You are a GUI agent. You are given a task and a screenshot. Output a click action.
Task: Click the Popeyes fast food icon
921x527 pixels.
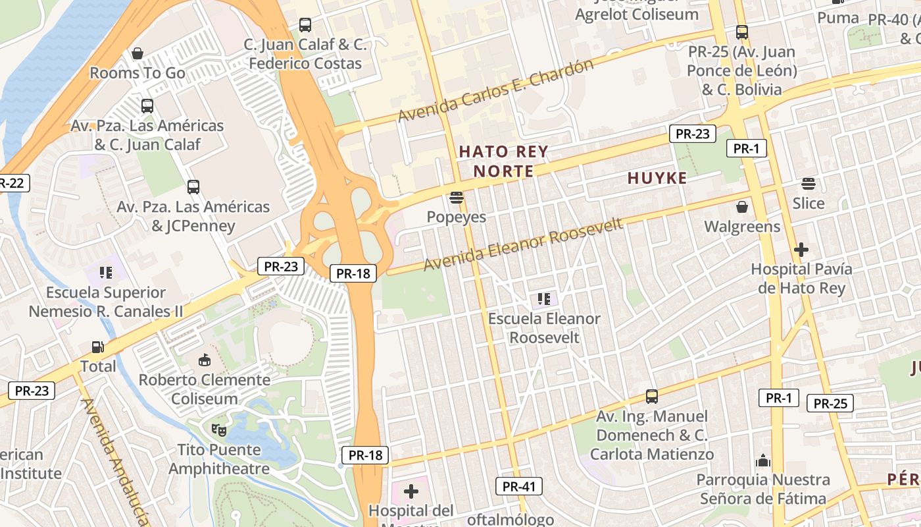[456, 197]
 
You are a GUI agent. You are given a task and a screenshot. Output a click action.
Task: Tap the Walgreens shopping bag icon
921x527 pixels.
[742, 207]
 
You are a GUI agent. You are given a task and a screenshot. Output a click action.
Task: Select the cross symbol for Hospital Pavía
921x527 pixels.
[801, 250]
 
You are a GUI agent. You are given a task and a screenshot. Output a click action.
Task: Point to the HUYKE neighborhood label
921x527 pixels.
[657, 178]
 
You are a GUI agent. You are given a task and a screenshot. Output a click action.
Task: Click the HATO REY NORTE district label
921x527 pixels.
[503, 161]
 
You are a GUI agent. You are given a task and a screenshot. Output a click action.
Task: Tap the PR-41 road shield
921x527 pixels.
[519, 487]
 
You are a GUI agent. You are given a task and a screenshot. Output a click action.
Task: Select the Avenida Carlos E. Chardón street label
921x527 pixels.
[495, 90]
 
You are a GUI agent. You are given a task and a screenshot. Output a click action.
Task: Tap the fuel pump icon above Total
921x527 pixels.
[97, 347]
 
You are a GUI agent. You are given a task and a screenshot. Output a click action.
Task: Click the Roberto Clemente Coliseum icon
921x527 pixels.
[204, 360]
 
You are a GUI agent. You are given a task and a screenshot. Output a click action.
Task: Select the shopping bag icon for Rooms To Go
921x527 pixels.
[137, 53]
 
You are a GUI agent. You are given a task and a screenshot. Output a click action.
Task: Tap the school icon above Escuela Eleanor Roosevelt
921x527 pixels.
[543, 299]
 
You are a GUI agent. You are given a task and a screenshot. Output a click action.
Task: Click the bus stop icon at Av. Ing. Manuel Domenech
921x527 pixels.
[651, 397]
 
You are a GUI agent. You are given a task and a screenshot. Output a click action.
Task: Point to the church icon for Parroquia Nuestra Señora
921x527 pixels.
[763, 460]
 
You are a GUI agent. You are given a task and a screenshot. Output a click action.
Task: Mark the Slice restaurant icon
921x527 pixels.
[808, 183]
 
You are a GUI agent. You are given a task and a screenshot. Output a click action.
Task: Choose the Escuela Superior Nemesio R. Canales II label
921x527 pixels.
[106, 302]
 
